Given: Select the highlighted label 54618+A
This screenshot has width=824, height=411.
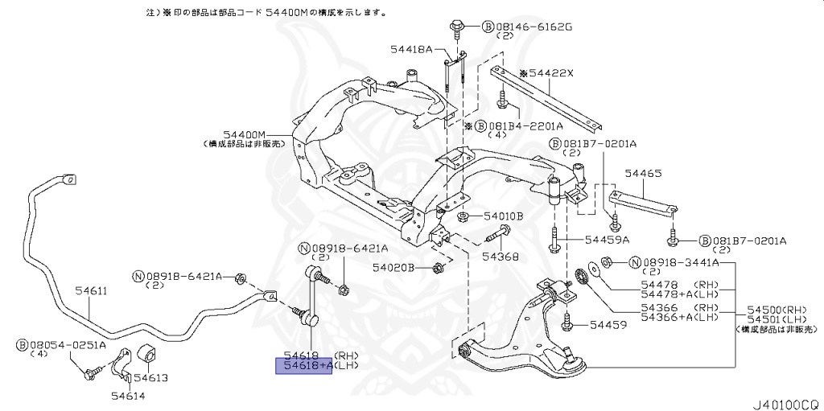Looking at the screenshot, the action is (x=303, y=366).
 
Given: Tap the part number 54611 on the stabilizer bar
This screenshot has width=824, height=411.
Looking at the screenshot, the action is (x=91, y=291).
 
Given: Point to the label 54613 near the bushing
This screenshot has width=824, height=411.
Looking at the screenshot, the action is (x=150, y=377).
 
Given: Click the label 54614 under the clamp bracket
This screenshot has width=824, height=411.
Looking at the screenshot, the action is (x=127, y=395).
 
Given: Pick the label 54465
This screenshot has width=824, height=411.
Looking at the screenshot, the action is (x=643, y=173).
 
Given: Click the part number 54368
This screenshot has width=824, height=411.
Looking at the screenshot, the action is (x=501, y=257).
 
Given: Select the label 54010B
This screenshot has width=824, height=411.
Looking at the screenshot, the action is (x=503, y=216).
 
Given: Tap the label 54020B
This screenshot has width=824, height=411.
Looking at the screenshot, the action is (x=393, y=267).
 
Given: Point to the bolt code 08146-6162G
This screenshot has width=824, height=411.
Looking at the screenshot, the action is (x=532, y=27).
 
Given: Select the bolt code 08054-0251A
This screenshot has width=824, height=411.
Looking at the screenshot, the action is (x=68, y=345).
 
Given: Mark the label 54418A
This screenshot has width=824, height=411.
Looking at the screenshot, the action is (x=413, y=50).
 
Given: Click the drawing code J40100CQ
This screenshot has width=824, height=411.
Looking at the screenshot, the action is (x=785, y=397).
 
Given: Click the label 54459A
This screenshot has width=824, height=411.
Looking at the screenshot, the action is (x=607, y=239).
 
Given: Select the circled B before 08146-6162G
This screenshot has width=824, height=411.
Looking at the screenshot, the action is (x=487, y=27).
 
